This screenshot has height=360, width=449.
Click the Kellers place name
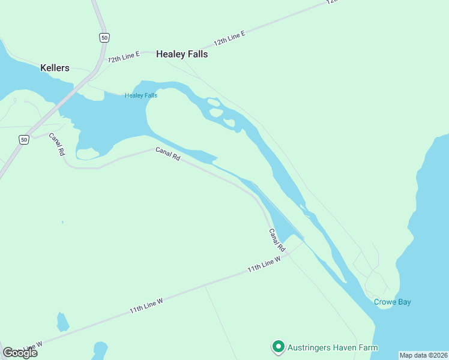(55, 68)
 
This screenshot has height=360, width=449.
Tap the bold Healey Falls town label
(182, 54)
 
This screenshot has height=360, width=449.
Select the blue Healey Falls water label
(141, 95)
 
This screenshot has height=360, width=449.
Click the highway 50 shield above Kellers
(104, 38)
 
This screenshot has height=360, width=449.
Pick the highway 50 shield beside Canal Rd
(23, 139)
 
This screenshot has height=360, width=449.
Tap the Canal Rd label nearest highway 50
(57, 144)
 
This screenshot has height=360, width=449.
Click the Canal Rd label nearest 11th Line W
(277, 240)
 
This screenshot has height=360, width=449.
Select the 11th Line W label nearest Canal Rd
(264, 265)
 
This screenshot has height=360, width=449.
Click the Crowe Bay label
(393, 302)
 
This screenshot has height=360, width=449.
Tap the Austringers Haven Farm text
(333, 347)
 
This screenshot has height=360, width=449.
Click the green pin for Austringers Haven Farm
(278, 347)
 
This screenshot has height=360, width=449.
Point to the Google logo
(20, 352)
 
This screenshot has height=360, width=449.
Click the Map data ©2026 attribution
(424, 355)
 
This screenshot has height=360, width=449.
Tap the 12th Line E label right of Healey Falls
(230, 40)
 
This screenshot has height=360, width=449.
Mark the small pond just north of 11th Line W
(62, 322)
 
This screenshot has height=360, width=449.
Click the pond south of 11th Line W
(100, 349)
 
